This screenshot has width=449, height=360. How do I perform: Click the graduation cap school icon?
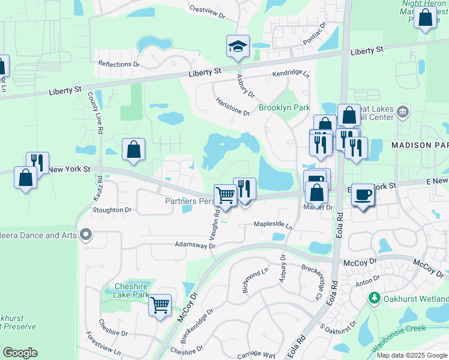click(238, 46)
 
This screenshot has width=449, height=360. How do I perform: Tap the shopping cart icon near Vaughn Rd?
click(225, 194)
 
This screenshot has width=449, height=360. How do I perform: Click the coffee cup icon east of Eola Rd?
click(362, 194)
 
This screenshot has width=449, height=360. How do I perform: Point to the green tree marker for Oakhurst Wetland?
click(375, 298)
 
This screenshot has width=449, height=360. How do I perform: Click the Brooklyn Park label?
click(284, 108)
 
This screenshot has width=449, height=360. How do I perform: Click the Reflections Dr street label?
click(119, 64)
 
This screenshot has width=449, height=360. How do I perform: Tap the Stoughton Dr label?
click(112, 210)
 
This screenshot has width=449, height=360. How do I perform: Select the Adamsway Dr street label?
click(194, 245)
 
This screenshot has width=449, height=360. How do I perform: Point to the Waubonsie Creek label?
click(397, 328)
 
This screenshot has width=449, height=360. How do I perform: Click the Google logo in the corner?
click(20, 353)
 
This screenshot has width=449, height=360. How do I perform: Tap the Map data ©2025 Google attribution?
click(412, 355)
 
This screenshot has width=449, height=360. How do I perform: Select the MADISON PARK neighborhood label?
click(420, 145)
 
